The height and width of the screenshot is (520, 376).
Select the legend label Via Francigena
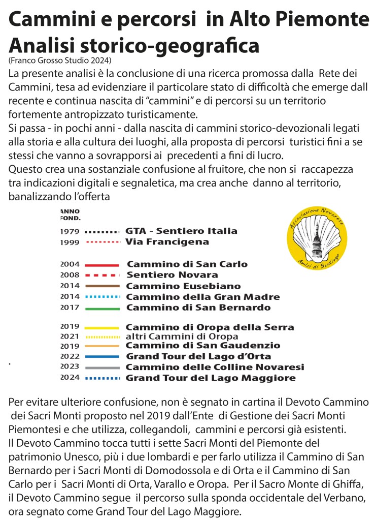tap(167, 242)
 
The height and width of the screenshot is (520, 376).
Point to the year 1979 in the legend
tap(70, 231)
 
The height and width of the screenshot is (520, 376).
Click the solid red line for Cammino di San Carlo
tap(102, 265)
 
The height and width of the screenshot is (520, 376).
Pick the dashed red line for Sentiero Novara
tap(102, 276)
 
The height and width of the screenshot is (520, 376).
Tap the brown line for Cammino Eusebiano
tap(102, 286)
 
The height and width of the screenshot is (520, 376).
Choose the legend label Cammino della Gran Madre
tap(202, 297)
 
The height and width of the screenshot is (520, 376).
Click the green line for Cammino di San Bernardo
tap(102, 308)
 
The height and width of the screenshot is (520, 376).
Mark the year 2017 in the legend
tap(70, 308)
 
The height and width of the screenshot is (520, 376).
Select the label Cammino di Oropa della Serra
tap(210, 327)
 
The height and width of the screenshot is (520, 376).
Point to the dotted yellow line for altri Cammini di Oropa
tap(102, 337)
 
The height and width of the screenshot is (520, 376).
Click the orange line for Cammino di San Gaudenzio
tap(102, 346)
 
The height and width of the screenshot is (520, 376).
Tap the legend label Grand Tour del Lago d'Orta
tap(198, 356)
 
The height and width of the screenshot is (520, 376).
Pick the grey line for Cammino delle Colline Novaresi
tap(102, 367)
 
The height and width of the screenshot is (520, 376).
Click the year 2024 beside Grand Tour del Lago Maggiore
tap(70, 378)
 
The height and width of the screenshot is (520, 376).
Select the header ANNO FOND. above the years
tap(70, 214)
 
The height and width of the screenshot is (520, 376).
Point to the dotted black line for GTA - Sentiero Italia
tap(102, 231)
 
